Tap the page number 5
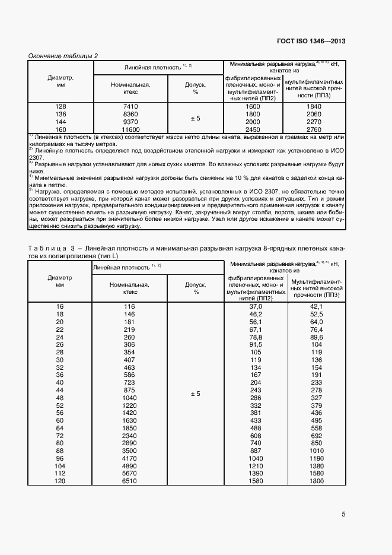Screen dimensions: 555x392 (343, 515)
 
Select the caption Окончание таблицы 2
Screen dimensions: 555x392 (63, 56)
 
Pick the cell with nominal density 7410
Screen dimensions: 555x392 (130, 106)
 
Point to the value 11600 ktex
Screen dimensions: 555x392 (130, 129)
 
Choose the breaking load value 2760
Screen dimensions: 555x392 (314, 129)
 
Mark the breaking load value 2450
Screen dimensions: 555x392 (253, 129)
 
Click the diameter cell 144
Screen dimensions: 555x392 (60, 122)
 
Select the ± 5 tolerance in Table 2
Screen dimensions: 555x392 (195, 118)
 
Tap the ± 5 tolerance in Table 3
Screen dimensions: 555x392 (195, 394)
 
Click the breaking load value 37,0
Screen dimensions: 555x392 (256, 306)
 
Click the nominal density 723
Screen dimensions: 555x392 (130, 383)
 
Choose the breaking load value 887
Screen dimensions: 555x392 (256, 451)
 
